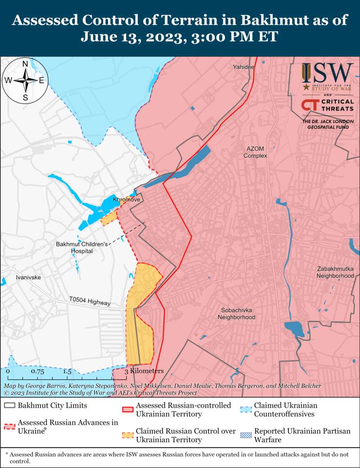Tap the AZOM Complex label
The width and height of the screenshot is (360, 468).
click(255, 152)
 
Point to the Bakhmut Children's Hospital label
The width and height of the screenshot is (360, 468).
click(82, 247)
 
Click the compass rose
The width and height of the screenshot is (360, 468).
click(26, 81)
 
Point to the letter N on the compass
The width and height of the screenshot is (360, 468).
click(26, 63)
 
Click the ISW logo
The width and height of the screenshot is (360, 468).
click(327, 75)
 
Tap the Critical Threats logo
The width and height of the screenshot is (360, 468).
click(327, 106)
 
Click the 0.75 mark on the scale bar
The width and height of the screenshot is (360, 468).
click(37, 372)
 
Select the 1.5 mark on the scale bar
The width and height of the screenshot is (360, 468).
click(67, 372)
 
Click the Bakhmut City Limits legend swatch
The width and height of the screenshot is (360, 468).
click(9, 405)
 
